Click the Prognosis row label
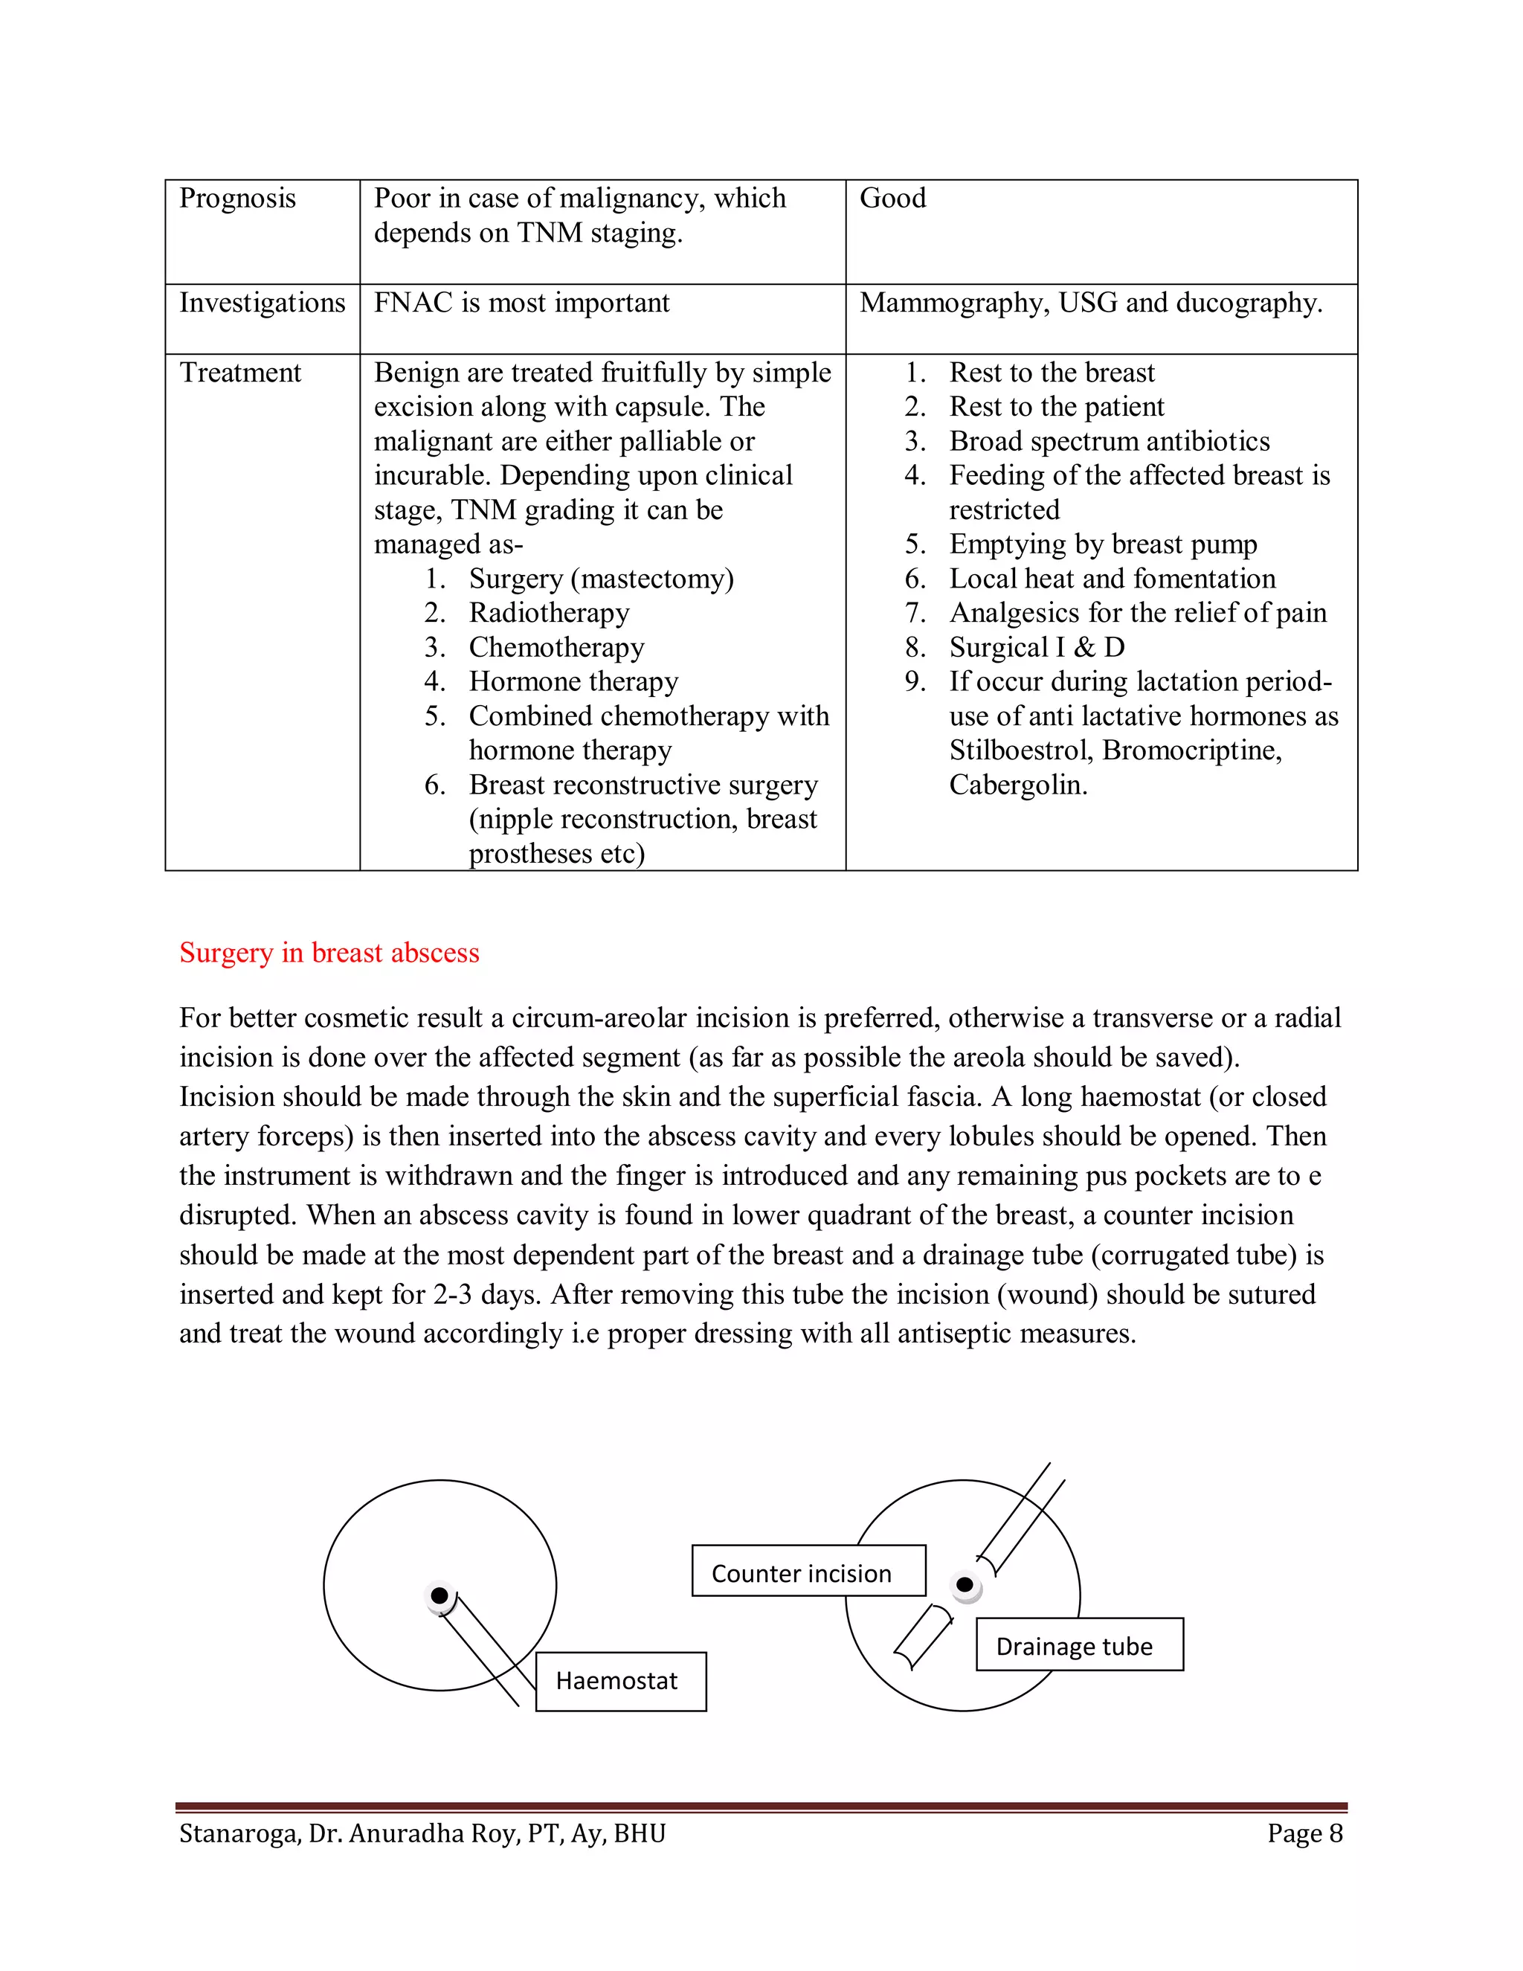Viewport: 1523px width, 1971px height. coord(237,199)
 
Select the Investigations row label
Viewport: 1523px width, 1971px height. coord(262,303)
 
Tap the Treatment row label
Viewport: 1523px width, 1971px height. coord(240,373)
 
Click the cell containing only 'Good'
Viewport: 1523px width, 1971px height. coord(892,199)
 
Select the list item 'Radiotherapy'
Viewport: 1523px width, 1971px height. coord(549,613)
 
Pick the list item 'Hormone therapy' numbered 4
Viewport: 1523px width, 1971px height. coord(573,681)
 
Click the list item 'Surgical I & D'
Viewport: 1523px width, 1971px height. coord(1037,647)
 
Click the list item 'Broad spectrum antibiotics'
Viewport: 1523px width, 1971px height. coord(1109,441)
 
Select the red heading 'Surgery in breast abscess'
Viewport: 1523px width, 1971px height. coord(329,953)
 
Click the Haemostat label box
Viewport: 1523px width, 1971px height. coord(621,1682)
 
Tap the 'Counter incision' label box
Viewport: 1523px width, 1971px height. coord(808,1574)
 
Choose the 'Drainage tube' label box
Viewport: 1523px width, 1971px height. coord(1078,1647)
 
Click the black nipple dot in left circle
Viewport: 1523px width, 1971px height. coord(439,1595)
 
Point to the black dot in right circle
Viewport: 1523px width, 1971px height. coord(965,1585)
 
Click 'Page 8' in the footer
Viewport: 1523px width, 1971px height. coord(1304,1834)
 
